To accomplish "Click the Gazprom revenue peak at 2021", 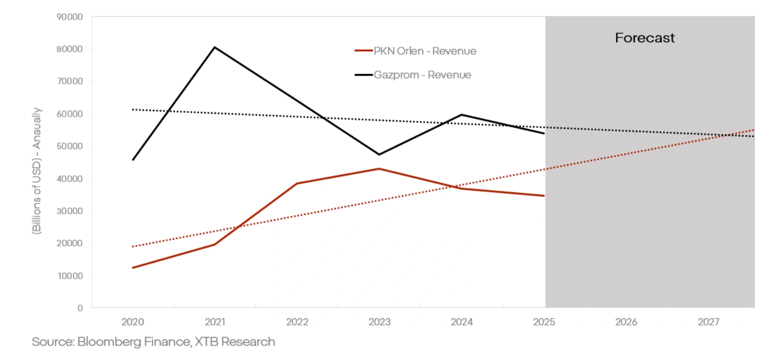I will [214, 47].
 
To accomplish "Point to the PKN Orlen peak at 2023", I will [379, 169].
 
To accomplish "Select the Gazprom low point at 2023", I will [379, 154].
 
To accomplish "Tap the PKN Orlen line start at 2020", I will [133, 267].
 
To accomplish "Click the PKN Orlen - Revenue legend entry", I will [416, 51].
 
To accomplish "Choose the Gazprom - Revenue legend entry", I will [413, 75].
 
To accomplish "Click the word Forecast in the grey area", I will [645, 38].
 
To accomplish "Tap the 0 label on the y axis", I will [80, 308].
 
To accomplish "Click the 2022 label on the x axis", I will [297, 322].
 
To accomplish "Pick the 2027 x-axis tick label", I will [708, 322].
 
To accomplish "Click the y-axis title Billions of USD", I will [37, 171].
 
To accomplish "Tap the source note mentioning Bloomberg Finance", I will [153, 341].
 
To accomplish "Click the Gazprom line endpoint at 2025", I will [544, 133].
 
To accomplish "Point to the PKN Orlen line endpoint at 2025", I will [544, 195].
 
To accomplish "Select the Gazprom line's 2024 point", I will [461, 115].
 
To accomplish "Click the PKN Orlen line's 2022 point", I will [297, 184].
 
